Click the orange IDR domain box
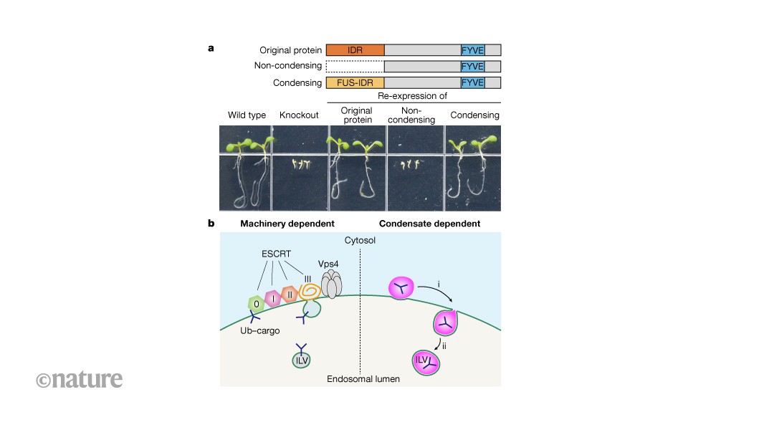pos(355,50)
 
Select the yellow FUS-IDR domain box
pos(355,82)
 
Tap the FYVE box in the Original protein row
pos(472,50)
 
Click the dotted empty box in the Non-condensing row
pos(355,67)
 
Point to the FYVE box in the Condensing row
pos(472,82)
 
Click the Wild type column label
pos(247,115)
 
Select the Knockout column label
pos(299,115)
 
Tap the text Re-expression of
pos(414,96)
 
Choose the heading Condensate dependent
pos(429,224)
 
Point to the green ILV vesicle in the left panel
pos(302,360)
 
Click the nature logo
pos(79,378)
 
